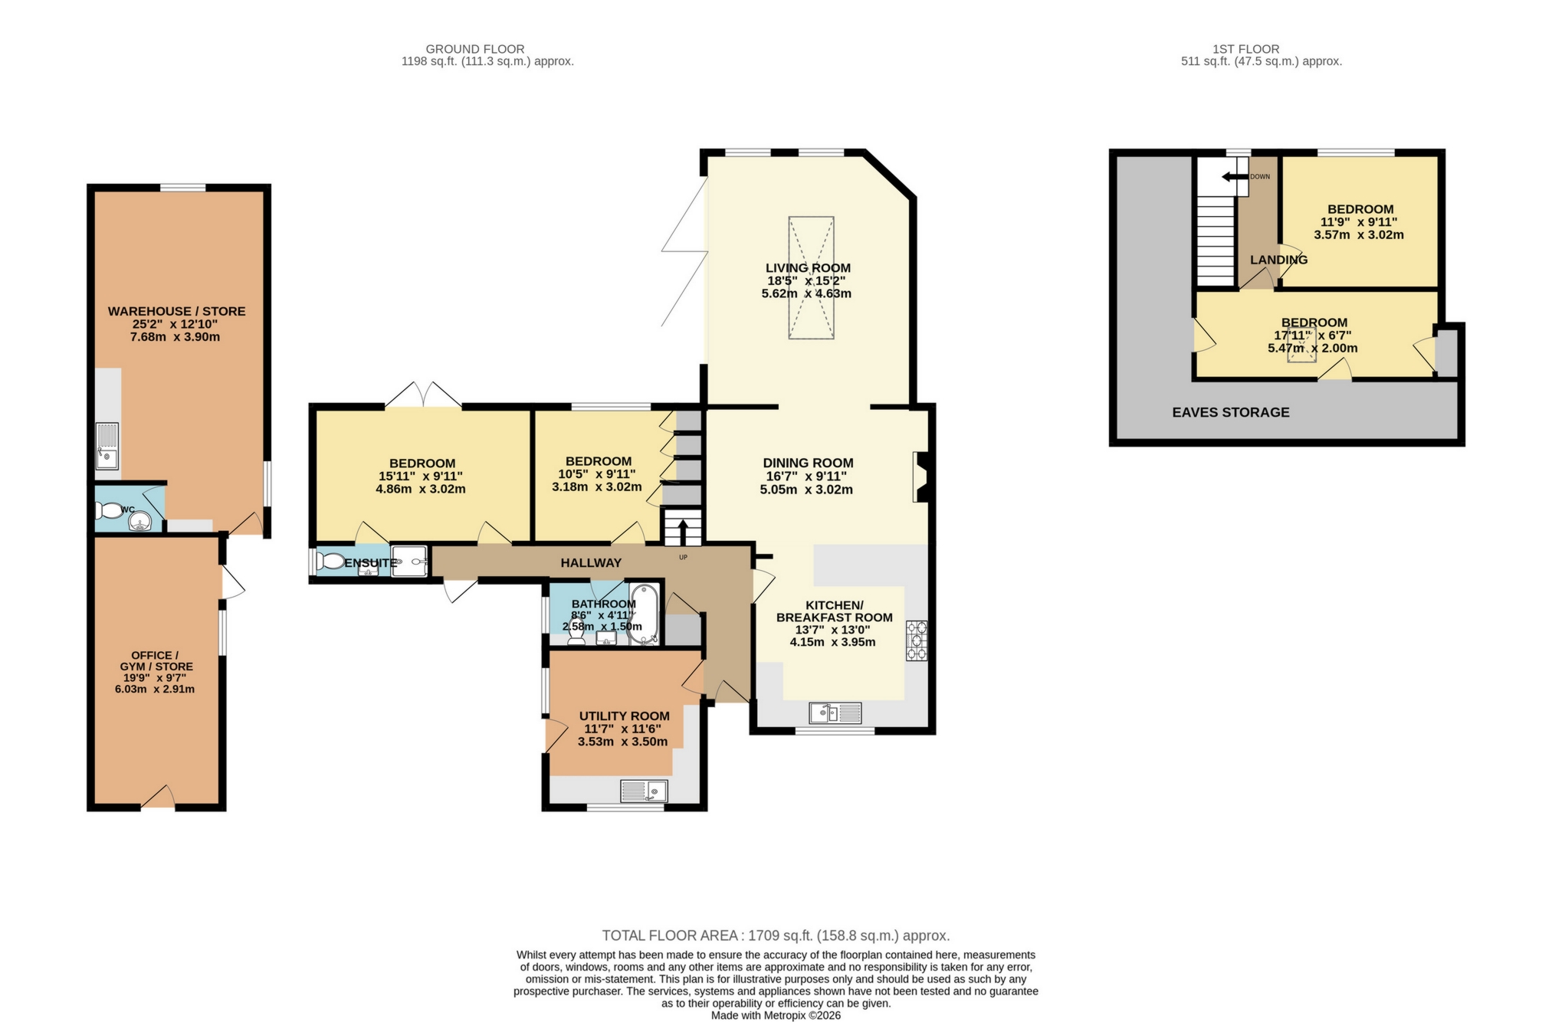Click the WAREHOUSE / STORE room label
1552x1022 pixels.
[176, 311]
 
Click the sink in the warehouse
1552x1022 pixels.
[107, 446]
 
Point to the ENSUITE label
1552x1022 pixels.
[370, 563]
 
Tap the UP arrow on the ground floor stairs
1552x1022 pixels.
[683, 531]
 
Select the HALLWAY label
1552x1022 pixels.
[591, 563]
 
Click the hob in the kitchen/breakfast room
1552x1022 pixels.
[917, 640]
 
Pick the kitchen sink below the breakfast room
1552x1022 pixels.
[835, 713]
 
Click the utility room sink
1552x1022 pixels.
[644, 791]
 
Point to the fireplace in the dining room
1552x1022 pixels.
[920, 477]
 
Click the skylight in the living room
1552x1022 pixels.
[811, 277]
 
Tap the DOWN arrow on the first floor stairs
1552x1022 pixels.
[1235, 177]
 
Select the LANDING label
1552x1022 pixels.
[1278, 260]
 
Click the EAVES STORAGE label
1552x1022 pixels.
[1230, 412]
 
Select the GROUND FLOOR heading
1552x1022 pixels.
[475, 49]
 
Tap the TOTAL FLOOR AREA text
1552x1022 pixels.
[776, 935]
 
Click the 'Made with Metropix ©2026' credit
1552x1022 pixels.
[776, 1015]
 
